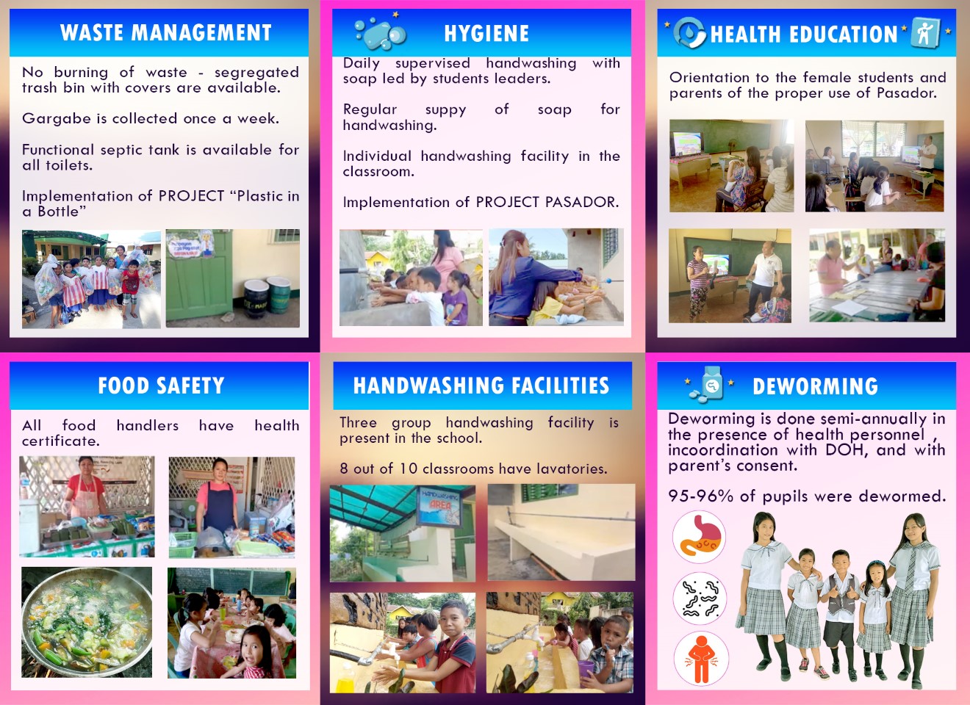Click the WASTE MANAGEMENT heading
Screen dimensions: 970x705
click(x=166, y=32)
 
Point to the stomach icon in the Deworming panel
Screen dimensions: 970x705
click(x=699, y=537)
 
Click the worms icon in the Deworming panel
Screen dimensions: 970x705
click(x=700, y=599)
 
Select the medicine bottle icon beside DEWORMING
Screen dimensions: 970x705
click(x=709, y=384)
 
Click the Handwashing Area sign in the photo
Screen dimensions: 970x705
click(x=439, y=506)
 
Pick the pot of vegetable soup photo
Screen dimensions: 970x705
click(x=87, y=622)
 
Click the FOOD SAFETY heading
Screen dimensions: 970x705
click(x=161, y=385)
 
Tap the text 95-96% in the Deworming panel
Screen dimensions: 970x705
click(x=700, y=496)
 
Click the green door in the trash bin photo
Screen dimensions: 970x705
click(x=200, y=277)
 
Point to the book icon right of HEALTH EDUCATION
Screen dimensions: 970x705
click(x=925, y=32)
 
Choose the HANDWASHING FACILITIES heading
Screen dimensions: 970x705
click(x=481, y=385)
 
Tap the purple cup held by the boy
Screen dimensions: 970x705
click(x=586, y=668)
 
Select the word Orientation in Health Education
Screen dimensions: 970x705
click(x=709, y=77)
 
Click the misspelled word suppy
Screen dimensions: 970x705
click(x=445, y=110)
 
